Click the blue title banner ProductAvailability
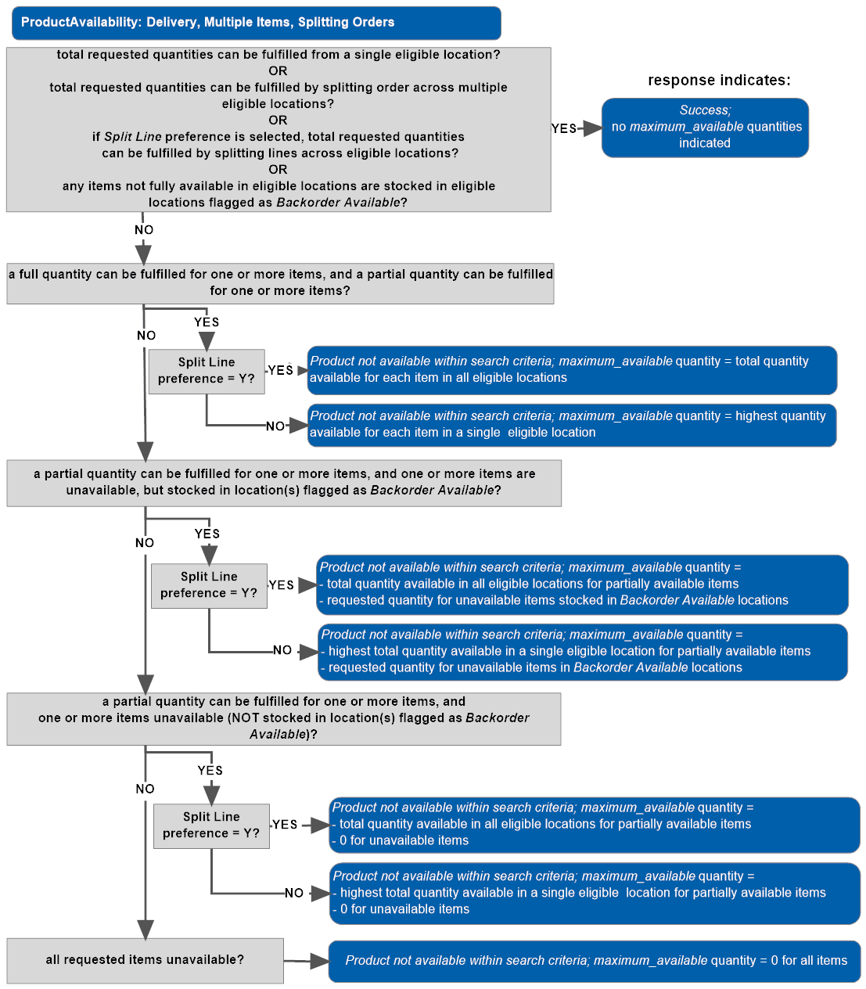[256, 23]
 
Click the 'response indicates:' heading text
[719, 80]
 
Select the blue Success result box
[705, 128]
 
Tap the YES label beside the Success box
[563, 128]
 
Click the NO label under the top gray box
[144, 230]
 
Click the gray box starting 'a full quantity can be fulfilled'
[280, 283]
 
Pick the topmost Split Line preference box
[207, 371]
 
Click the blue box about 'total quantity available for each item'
[572, 370]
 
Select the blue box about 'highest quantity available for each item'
[572, 425]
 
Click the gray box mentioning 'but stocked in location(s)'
[284, 483]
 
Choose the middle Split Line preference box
[209, 585]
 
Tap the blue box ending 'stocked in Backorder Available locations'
[583, 584]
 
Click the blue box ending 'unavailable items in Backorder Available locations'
[583, 652]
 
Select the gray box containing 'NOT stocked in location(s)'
[284, 718]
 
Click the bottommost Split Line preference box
[211, 825]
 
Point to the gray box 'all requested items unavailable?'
[145, 960]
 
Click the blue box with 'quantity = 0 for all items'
[595, 961]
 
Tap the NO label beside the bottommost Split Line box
[294, 893]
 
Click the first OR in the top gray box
[278, 71]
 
